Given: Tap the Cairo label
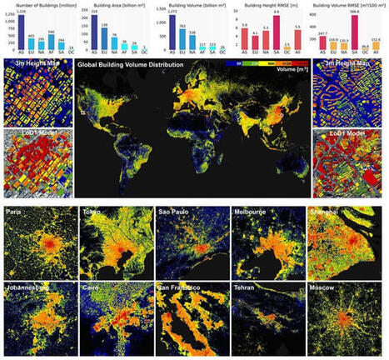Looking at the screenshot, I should [x=91, y=286].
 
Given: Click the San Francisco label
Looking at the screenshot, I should [x=179, y=286].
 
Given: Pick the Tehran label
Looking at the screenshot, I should [x=245, y=286].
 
